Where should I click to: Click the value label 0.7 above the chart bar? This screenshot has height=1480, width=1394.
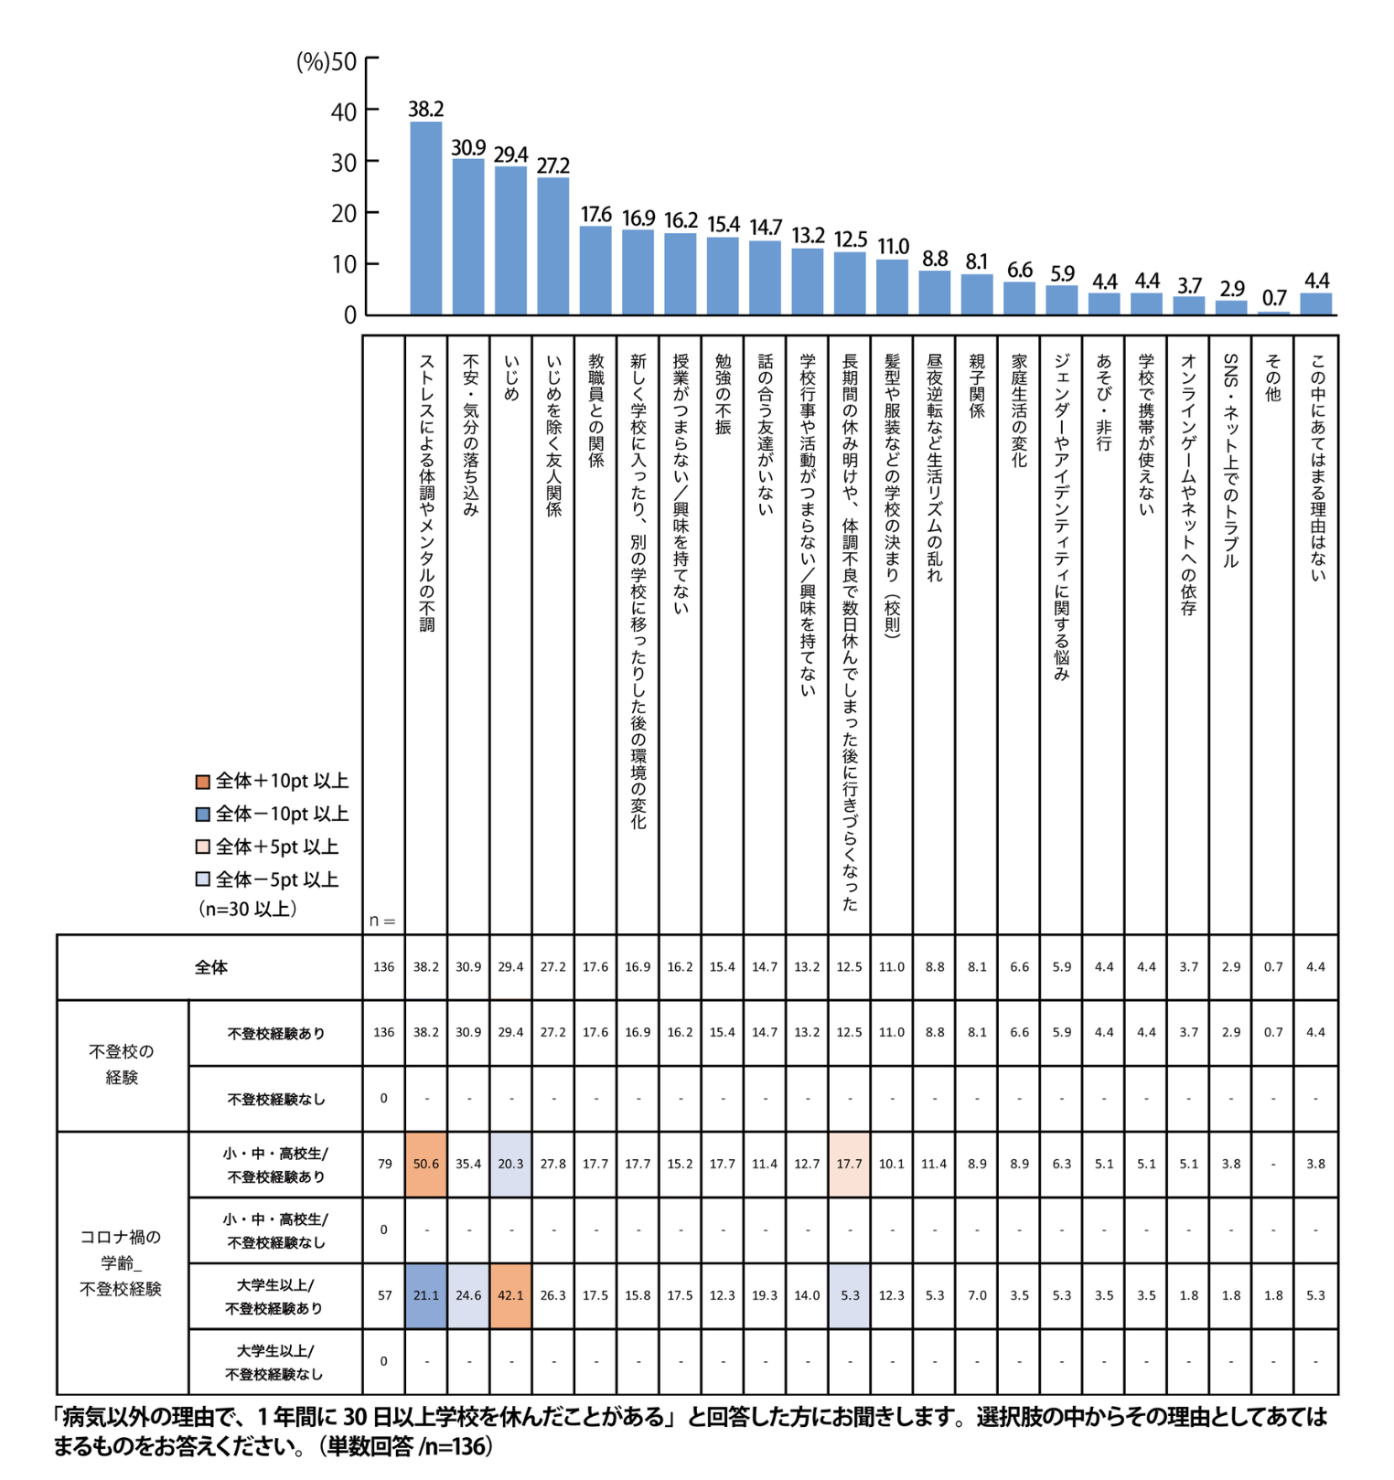[x=1274, y=298]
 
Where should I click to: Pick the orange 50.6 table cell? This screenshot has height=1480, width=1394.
[x=426, y=1164]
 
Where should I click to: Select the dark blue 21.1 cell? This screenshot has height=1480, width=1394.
[x=426, y=1295]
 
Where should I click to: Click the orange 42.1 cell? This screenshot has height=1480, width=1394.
[x=510, y=1295]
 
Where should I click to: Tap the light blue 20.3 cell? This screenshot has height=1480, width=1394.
[x=510, y=1164]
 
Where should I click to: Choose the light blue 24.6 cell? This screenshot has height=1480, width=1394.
[x=468, y=1295]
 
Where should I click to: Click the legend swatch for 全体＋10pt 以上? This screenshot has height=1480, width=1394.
[x=203, y=782]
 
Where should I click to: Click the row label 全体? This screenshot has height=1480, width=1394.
[x=210, y=967]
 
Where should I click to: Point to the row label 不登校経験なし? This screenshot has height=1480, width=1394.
[x=275, y=1099]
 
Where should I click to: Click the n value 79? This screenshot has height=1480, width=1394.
[x=384, y=1164]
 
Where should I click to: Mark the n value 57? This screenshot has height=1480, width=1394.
[x=384, y=1295]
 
